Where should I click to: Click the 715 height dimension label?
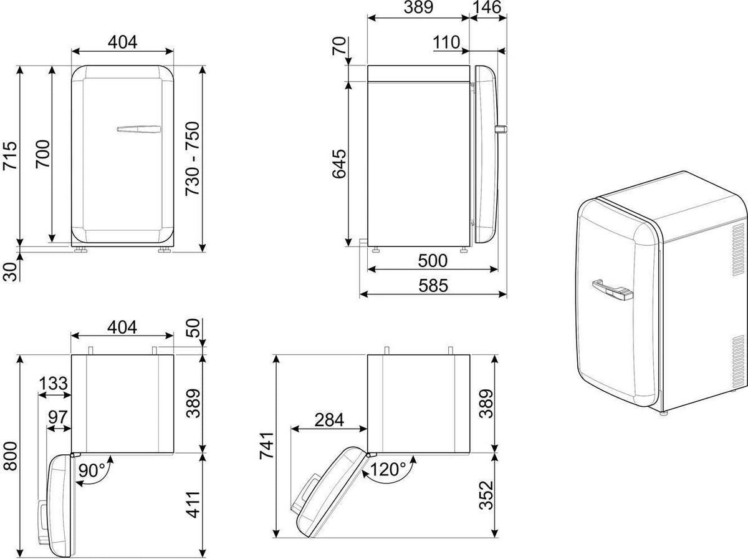[x=10, y=155]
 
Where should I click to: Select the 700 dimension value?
[x=43, y=154]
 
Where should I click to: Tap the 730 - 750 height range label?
[x=193, y=159]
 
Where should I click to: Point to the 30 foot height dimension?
[x=10, y=272]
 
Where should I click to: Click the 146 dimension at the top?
[x=487, y=7]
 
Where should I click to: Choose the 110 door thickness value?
[x=446, y=42]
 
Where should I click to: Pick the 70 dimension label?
[x=339, y=46]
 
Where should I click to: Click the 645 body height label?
[x=339, y=163]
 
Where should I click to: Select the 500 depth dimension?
[x=433, y=261]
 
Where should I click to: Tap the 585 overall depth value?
[x=433, y=286]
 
